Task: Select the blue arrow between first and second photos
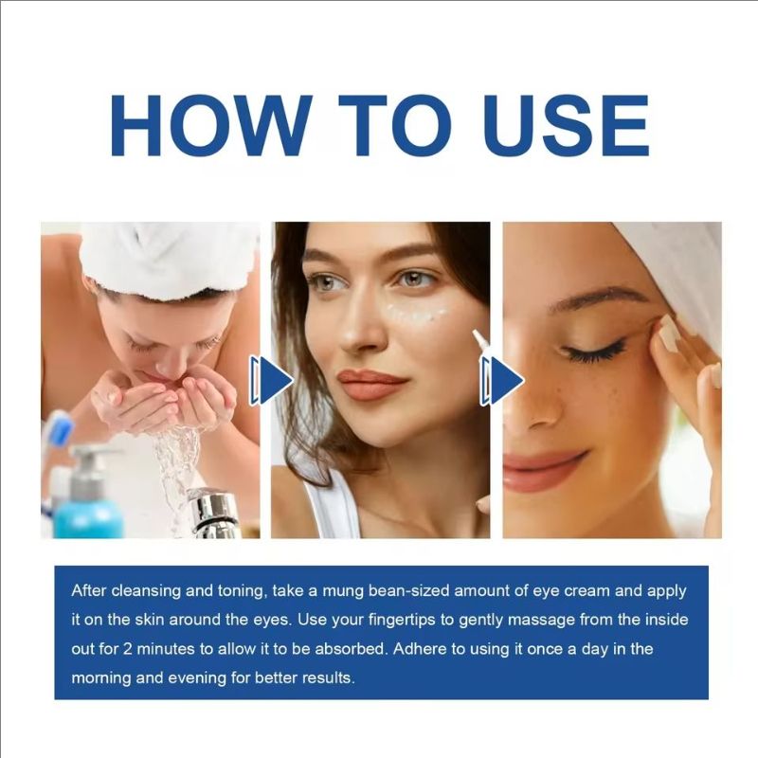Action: click(x=272, y=381)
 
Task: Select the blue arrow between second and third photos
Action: click(x=502, y=381)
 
